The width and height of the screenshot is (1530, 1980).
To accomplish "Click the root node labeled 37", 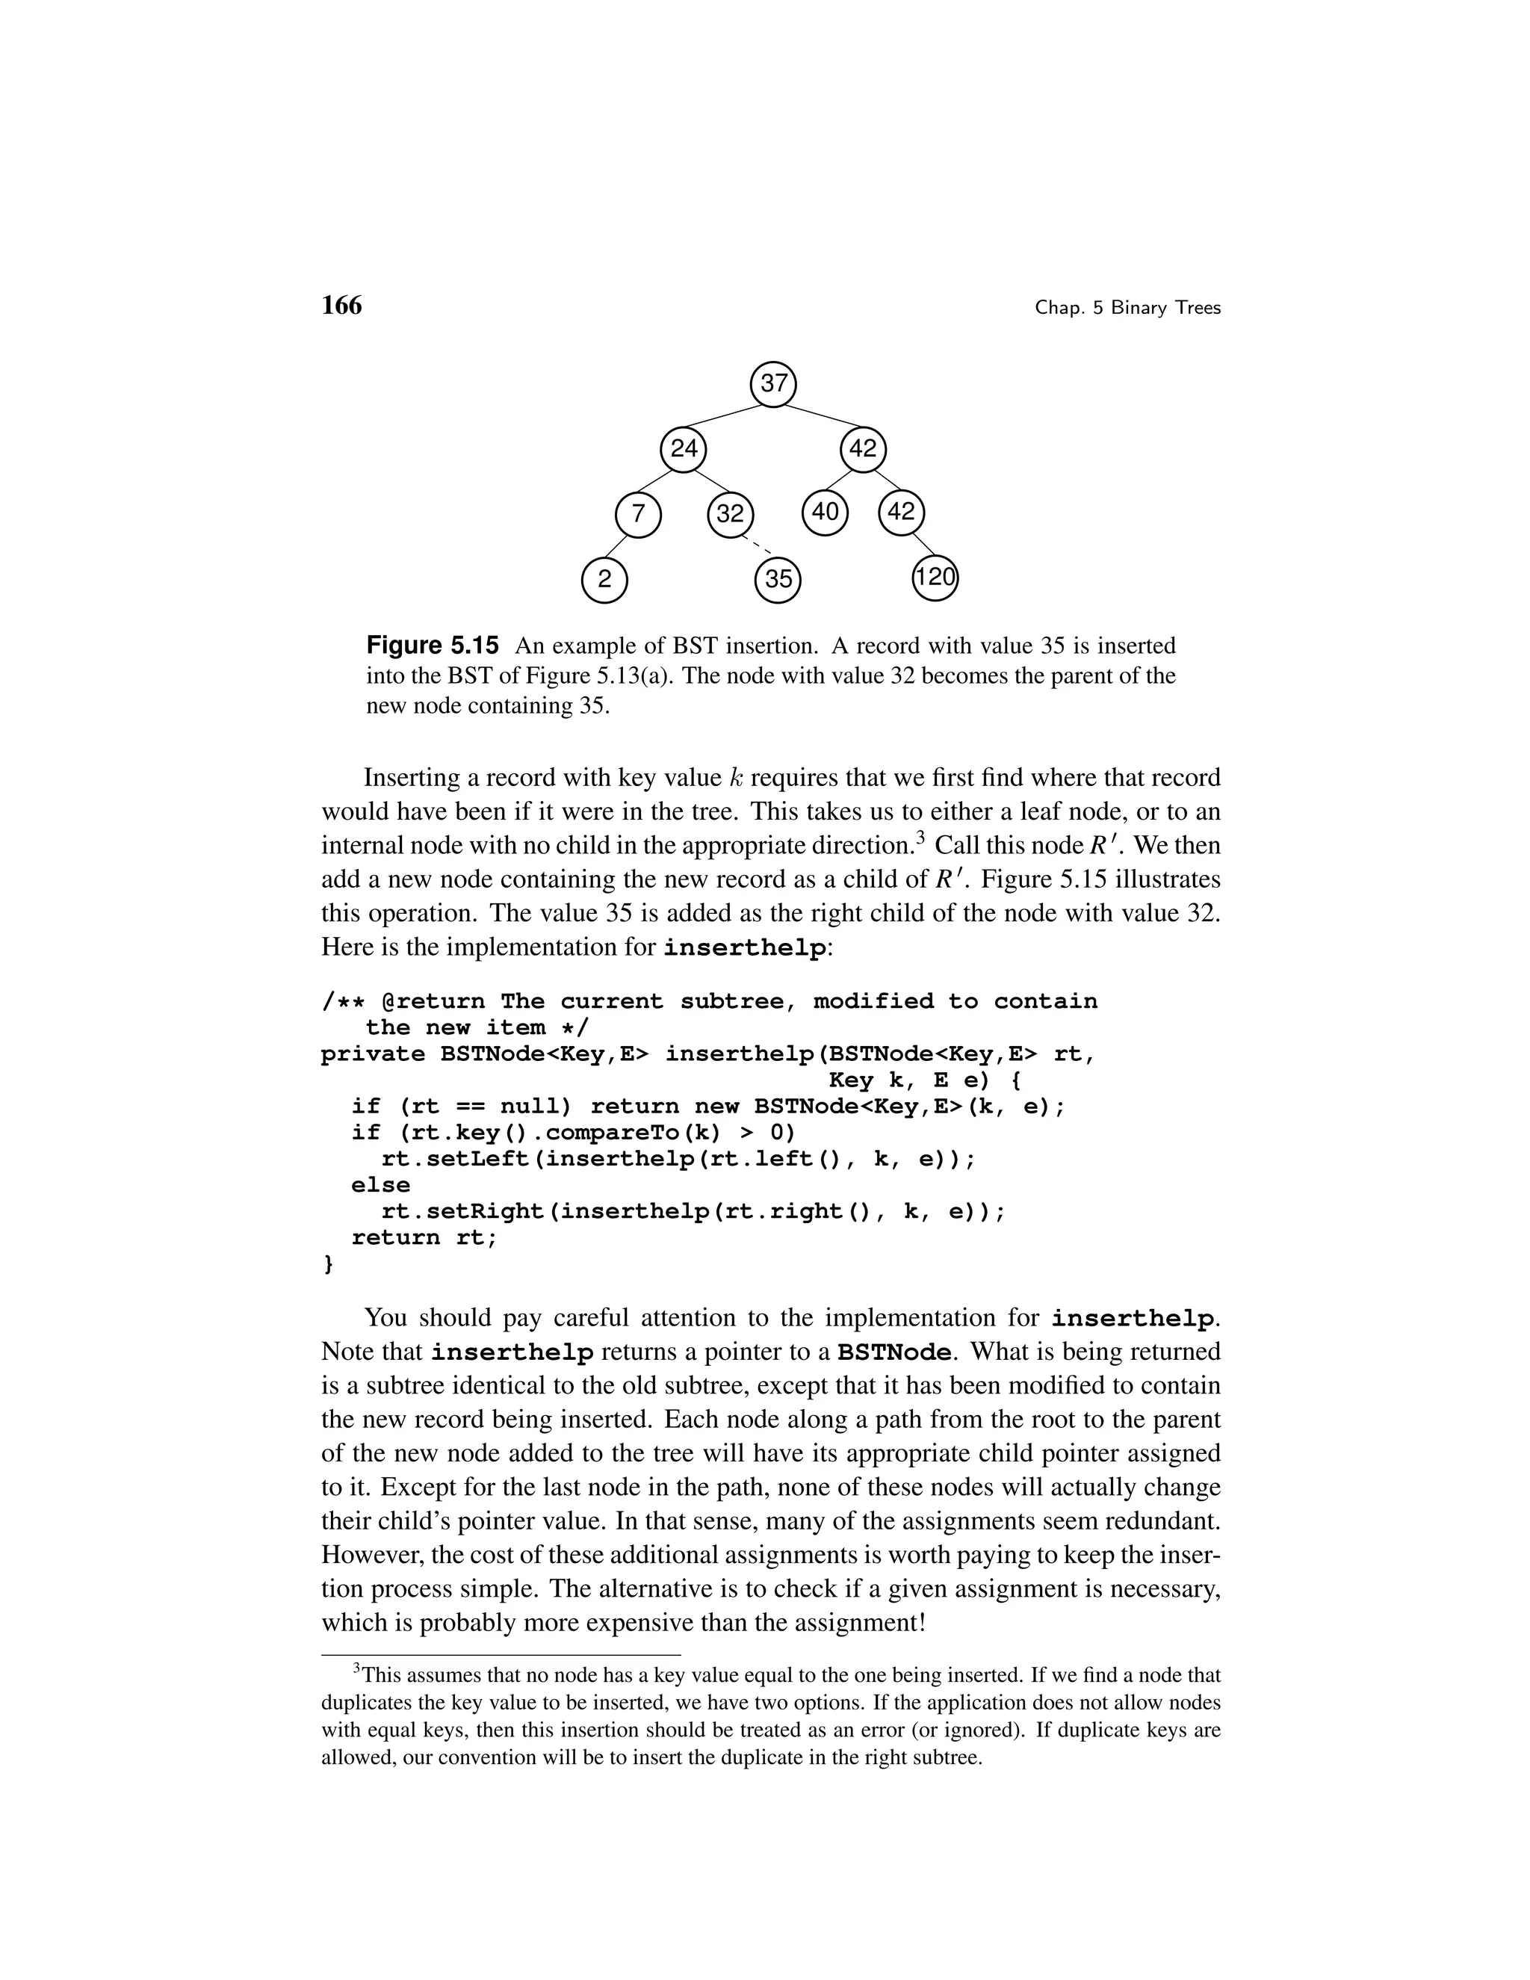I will click(773, 384).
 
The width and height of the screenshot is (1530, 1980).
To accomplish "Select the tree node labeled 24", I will click(684, 450).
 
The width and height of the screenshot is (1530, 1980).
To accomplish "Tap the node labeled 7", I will click(638, 515).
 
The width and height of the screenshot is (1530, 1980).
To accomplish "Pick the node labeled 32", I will click(731, 515).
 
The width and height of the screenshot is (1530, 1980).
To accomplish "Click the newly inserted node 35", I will click(778, 579).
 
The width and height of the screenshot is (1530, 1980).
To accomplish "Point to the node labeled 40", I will click(825, 513).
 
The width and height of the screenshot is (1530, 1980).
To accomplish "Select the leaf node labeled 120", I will click(935, 578).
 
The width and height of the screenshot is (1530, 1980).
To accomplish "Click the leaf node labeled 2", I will click(604, 579).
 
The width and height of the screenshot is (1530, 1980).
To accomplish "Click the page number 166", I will click(341, 306).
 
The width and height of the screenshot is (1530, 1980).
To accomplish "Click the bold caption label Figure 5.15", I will click(433, 646).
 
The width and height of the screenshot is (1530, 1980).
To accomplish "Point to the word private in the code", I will click(373, 1054).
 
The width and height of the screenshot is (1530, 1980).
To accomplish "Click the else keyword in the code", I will click(381, 1186).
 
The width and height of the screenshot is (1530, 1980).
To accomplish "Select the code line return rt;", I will click(424, 1238).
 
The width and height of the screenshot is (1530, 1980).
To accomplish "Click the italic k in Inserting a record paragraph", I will click(736, 778).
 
